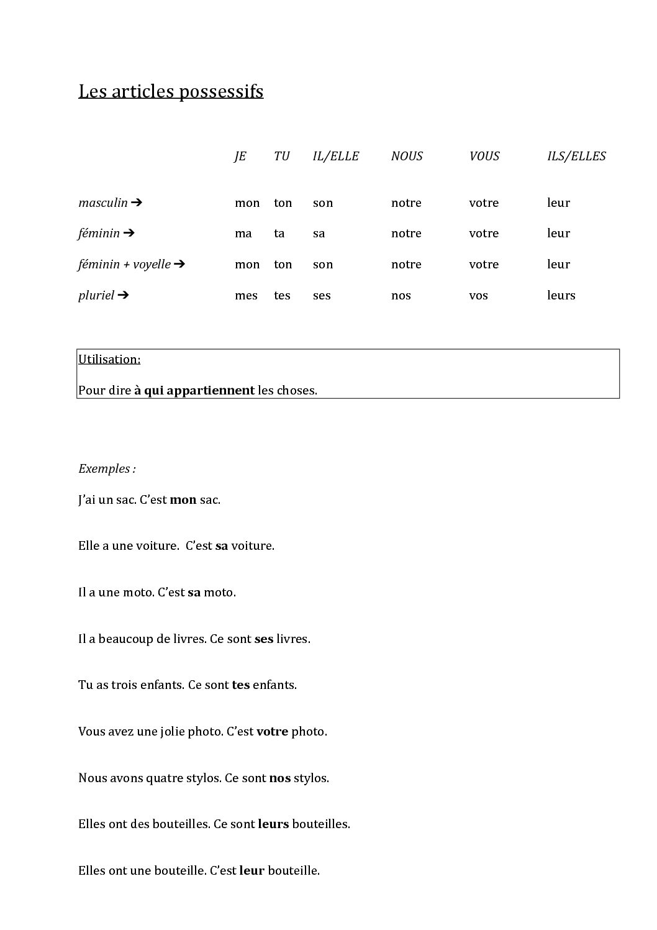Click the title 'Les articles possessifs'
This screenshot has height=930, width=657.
coord(171,91)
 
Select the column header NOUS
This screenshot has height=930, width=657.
coord(407,156)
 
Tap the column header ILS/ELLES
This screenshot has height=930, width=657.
coord(576,156)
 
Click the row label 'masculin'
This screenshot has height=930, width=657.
coord(103,203)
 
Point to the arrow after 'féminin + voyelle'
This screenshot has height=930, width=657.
coord(179,264)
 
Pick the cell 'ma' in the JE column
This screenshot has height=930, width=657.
coord(243,234)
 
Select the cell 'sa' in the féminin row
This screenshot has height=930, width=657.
coord(319,234)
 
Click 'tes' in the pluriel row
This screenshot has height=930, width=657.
coord(282,295)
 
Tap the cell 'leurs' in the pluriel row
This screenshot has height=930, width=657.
coord(561,295)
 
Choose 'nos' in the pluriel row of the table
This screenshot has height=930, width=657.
coord(401,295)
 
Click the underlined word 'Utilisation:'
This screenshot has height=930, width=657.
coord(109,359)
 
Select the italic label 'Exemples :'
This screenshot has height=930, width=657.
coord(107,468)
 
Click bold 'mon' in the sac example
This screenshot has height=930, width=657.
coord(183,499)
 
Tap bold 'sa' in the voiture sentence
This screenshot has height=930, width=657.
coord(222,546)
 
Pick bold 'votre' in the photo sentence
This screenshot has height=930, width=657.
coord(272,731)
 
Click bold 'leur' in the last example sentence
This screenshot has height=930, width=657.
coord(251,870)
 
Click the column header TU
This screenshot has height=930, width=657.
coord(282,156)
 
